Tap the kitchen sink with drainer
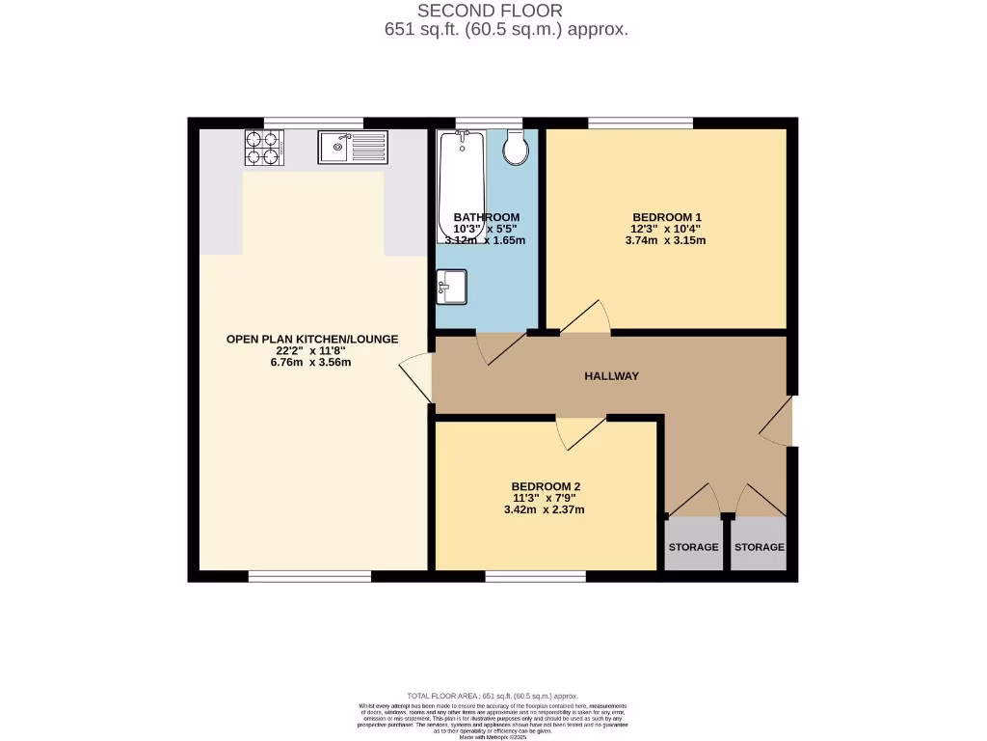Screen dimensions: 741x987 coord(352,148)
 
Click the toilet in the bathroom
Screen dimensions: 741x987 coord(515,148)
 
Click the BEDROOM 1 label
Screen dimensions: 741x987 coord(667,217)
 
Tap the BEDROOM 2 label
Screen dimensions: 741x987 coord(546,486)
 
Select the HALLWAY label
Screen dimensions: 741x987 coord(611,376)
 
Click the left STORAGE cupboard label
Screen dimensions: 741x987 coord(693,547)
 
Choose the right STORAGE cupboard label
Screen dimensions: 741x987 coord(759,547)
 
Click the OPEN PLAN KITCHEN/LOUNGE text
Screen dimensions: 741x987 coord(311,339)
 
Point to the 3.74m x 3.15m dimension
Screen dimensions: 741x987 coord(667,240)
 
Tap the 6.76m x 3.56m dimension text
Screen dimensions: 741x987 coord(311,363)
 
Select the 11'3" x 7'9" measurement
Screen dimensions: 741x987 coord(546,498)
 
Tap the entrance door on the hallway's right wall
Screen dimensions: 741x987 coord(777,423)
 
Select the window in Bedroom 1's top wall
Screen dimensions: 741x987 coord(640,123)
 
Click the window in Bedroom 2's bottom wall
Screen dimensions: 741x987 coord(535,577)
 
